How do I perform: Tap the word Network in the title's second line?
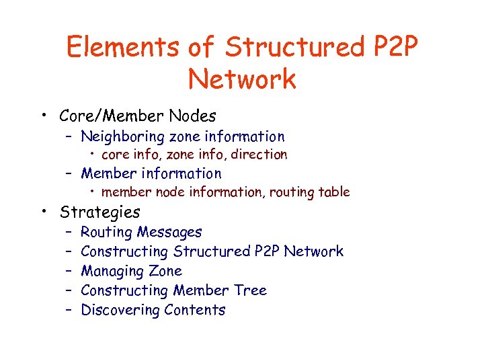pos(242,79)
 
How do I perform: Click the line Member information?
pos(151,173)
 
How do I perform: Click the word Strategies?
pos(99,212)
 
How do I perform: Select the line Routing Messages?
pos(141,232)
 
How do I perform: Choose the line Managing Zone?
pos(131,271)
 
